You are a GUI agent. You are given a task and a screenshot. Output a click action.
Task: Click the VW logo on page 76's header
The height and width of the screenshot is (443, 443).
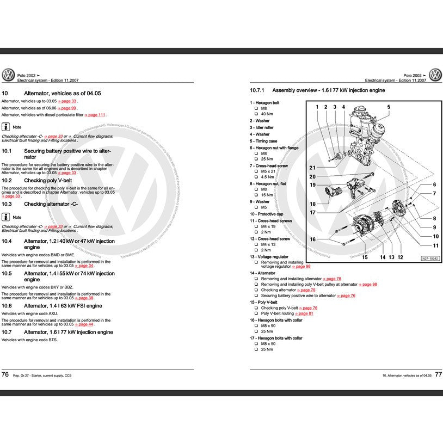[8, 75]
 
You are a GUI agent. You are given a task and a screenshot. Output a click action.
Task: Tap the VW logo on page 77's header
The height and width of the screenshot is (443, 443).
[435, 75]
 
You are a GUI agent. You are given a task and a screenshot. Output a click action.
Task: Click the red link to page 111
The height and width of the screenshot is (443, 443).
[96, 115]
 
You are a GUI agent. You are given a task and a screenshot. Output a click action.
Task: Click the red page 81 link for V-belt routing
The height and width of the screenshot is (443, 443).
[305, 313]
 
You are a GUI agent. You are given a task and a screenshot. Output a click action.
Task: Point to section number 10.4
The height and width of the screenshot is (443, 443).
[7, 241]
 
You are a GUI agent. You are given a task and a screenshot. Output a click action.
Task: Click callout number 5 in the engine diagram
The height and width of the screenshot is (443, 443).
[389, 107]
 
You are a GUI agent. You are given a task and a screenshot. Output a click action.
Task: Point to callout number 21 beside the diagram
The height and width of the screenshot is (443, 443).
[312, 168]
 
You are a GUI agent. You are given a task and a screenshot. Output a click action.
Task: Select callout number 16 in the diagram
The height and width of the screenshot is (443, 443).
[312, 239]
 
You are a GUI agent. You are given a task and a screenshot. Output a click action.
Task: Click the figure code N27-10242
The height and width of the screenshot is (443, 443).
[430, 258]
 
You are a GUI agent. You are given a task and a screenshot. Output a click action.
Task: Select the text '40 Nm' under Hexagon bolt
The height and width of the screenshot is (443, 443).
[267, 114]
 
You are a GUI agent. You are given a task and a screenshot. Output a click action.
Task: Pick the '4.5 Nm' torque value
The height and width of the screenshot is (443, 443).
[267, 177]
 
